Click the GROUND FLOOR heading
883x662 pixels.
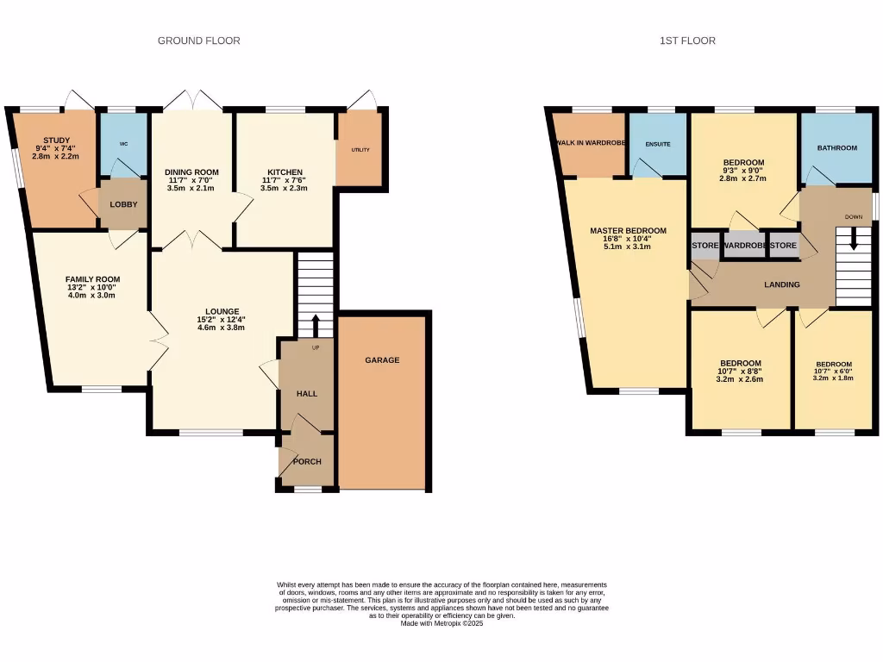198,41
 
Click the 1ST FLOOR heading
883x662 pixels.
687,41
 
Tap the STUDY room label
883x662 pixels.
56,141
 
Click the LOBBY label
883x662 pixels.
123,204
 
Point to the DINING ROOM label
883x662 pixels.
191,172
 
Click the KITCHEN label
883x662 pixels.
284,172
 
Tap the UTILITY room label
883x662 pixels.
360,150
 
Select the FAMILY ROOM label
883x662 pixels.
92,279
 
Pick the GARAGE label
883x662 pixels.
382,360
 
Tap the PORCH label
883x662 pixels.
307,462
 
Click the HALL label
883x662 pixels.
307,394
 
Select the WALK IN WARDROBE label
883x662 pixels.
590,143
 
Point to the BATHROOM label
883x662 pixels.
836,148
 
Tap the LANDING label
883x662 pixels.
782,284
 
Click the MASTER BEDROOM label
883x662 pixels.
628,231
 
